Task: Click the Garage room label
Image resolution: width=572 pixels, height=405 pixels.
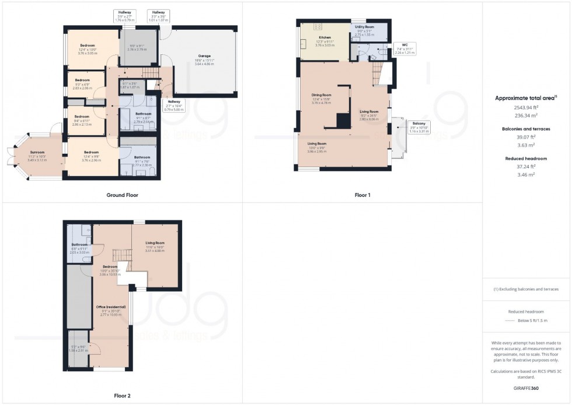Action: tap(204, 56)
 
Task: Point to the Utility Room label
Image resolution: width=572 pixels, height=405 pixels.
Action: tap(364, 27)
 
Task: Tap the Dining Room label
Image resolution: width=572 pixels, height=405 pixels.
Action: tap(321, 95)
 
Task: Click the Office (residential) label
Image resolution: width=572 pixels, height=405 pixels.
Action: tap(110, 306)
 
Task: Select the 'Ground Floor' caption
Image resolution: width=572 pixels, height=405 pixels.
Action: tap(123, 195)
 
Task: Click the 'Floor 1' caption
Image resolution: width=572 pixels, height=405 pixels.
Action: tap(362, 195)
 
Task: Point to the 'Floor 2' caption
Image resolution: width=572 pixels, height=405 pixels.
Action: tap(122, 396)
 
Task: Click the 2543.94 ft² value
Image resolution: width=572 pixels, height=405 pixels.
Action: tap(526, 108)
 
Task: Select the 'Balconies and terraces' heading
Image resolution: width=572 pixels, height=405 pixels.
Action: tap(526, 128)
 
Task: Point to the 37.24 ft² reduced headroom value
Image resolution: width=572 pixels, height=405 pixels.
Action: tap(526, 166)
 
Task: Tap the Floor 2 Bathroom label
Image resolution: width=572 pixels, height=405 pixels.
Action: tap(79, 244)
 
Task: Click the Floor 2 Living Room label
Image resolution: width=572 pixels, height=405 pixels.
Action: tap(155, 243)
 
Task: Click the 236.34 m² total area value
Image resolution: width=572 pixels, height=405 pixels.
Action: tap(526, 116)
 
